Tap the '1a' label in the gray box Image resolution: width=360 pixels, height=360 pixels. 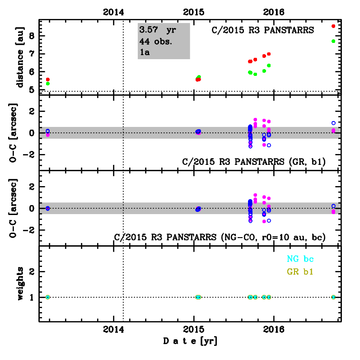point(145,52)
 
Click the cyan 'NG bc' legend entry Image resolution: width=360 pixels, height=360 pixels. point(300,259)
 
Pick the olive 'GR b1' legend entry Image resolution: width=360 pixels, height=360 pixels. point(300,272)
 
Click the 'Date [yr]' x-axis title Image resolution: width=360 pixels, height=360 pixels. point(190,341)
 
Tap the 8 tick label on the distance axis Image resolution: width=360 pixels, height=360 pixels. point(32,36)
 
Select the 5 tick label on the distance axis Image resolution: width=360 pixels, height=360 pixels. point(32,90)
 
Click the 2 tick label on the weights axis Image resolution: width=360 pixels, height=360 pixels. point(32,272)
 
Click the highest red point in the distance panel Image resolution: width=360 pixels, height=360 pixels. point(333,26)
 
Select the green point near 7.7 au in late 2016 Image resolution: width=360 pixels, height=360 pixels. point(333,41)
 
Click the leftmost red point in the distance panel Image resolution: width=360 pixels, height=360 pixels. point(47,79)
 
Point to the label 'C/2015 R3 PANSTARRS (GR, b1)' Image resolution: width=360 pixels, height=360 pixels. point(254,161)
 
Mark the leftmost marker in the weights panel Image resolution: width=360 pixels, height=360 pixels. point(47,297)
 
